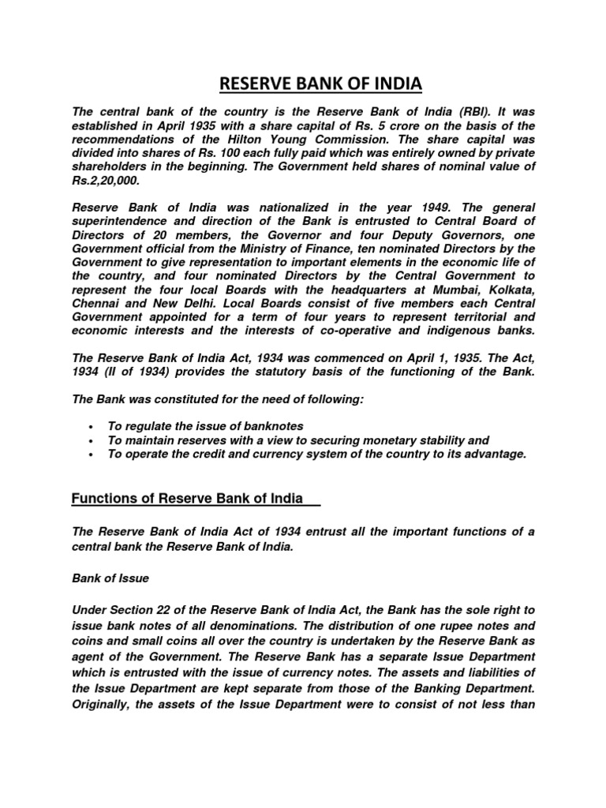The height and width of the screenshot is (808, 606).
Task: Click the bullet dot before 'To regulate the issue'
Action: pos(92,427)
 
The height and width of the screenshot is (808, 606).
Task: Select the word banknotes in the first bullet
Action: pos(265,426)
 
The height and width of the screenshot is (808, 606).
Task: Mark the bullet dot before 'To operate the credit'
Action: pos(92,455)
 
